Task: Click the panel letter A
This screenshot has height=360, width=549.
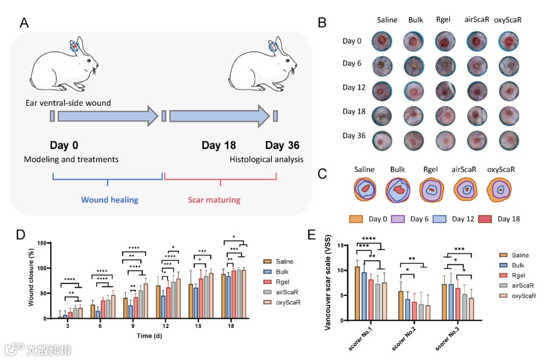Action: point(24,23)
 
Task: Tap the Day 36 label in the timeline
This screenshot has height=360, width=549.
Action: point(282,145)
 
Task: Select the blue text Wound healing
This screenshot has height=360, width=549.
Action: point(110,199)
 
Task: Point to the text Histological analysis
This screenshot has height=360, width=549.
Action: point(266,159)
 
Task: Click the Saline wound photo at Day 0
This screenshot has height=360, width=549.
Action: point(382,41)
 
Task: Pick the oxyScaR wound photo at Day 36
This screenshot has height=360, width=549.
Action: point(509,139)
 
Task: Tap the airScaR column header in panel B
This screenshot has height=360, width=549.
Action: point(477,20)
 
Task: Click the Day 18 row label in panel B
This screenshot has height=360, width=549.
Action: point(354,111)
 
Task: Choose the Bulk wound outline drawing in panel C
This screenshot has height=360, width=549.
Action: point(399,190)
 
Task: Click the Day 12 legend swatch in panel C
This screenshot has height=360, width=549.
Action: point(441,219)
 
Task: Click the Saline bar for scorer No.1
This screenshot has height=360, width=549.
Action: point(357,293)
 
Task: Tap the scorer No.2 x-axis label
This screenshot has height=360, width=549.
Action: point(404,338)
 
